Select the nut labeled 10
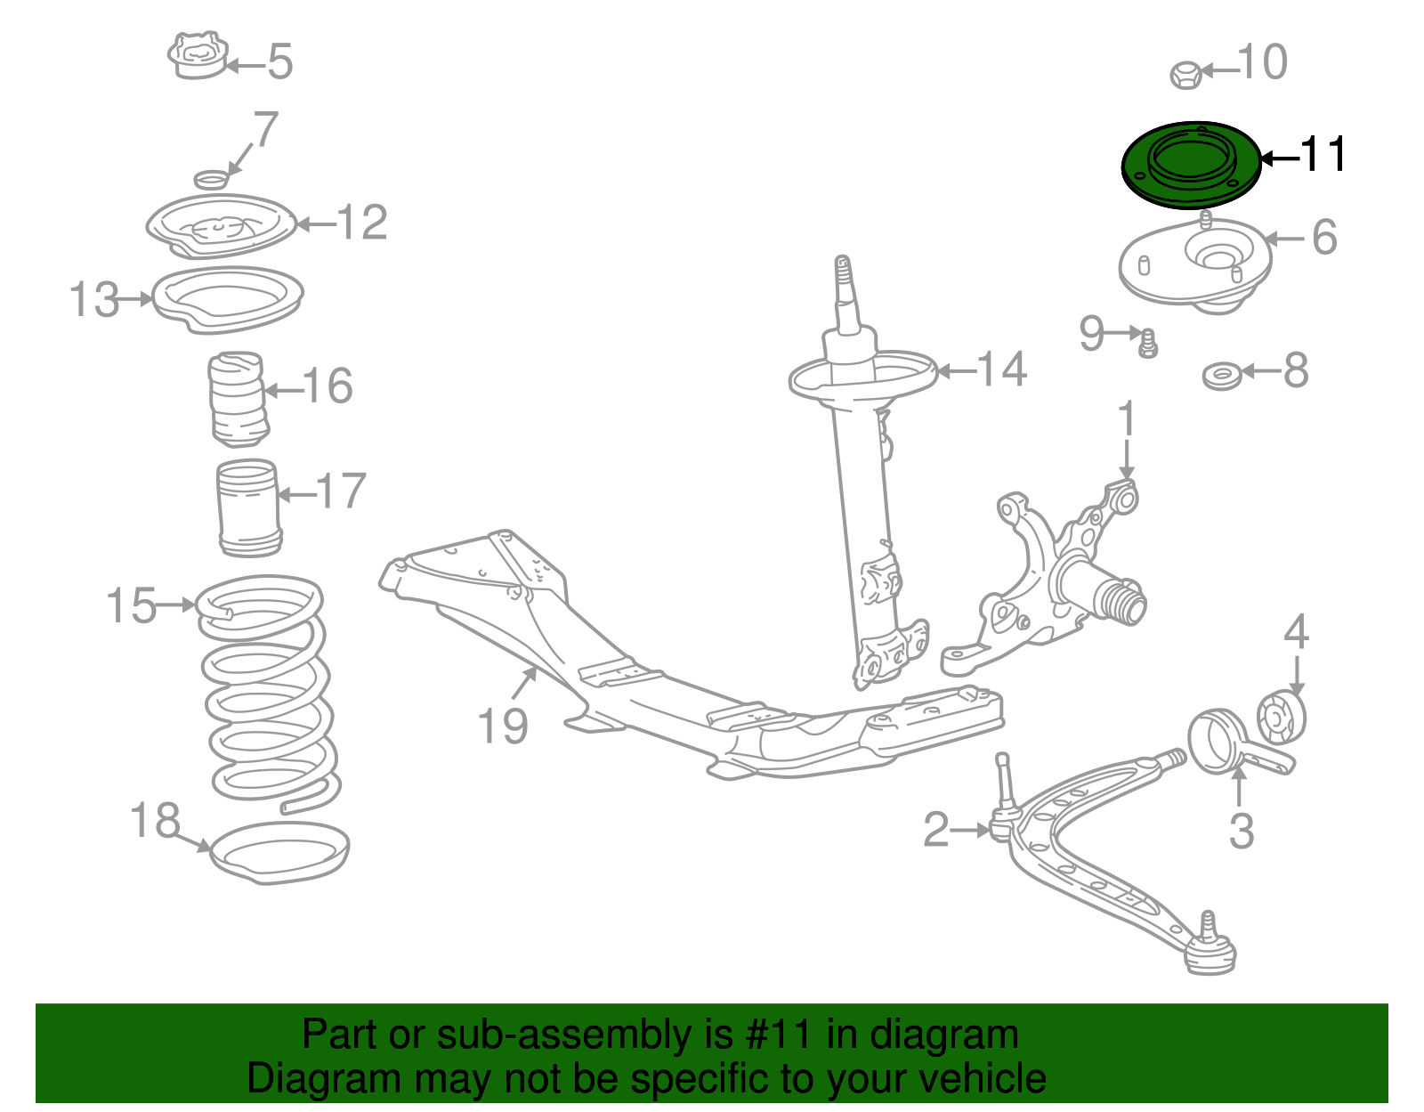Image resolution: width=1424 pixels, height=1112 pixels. point(1185,75)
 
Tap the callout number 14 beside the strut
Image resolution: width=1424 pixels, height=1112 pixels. point(1001,369)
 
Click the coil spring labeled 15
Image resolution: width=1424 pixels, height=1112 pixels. point(267,694)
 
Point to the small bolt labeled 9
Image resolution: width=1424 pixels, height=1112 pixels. point(1148,343)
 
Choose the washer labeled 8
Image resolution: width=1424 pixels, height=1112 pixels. point(1221,376)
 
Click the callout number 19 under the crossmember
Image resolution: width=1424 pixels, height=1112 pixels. point(503,726)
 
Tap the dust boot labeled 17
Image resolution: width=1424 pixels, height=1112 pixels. point(250,507)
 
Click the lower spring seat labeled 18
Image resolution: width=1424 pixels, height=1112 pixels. point(279,853)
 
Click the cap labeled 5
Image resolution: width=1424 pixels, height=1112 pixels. point(198,57)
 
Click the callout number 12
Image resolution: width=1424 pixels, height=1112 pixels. point(362,223)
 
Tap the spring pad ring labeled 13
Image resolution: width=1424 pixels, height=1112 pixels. point(227,298)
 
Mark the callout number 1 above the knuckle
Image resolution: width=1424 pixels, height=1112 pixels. point(1127,418)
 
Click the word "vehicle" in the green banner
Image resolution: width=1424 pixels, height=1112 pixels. point(982,1078)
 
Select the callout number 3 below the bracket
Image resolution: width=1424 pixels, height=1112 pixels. point(1241,832)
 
